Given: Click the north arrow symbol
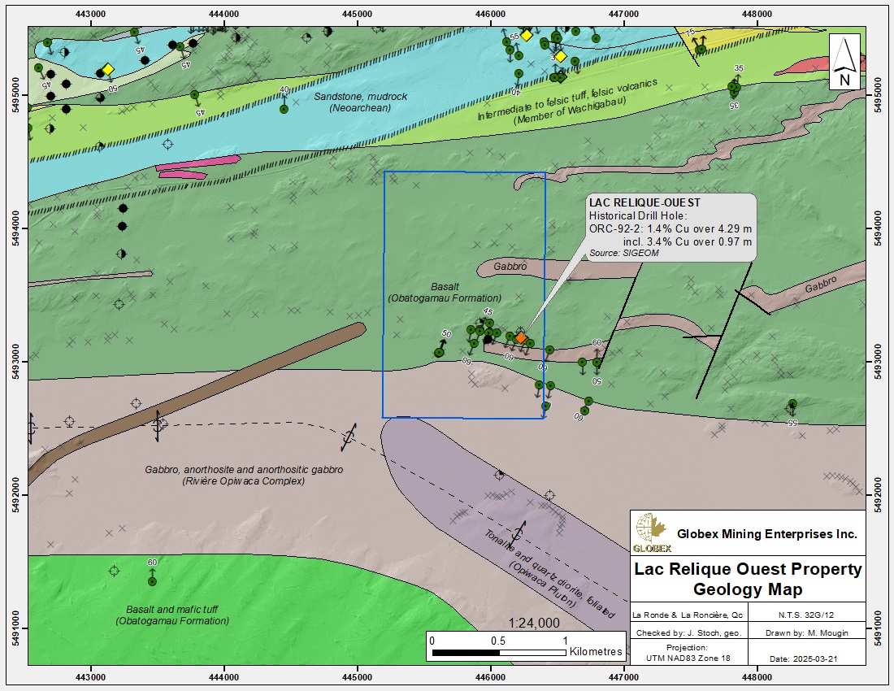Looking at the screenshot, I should (844, 62).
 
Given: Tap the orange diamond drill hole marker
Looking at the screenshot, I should (521, 337).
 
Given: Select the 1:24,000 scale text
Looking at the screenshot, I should (533, 623).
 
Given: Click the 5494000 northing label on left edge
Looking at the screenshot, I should (15, 228).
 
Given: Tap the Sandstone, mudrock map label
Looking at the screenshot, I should (361, 97).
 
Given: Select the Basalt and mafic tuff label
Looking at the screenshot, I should (177, 609).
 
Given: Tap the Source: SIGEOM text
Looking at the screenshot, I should (624, 254).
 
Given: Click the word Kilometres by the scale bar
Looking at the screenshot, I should (596, 652).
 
